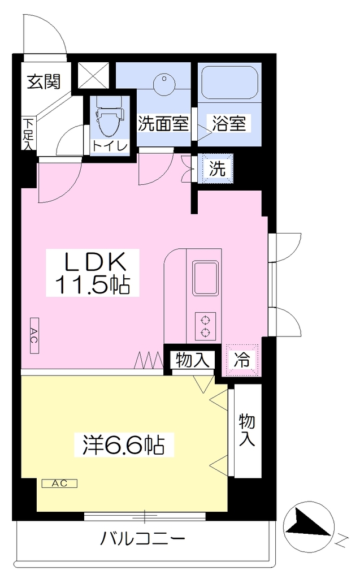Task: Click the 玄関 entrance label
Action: pyautogui.click(x=44, y=82)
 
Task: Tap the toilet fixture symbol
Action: pyautogui.click(x=109, y=117)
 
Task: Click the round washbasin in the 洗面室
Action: pyautogui.click(x=164, y=84)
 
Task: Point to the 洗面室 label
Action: pyautogui.click(x=163, y=124)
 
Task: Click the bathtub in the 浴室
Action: pyautogui.click(x=229, y=83)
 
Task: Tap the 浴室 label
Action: pyautogui.click(x=229, y=123)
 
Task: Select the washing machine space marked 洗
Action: pyautogui.click(x=218, y=168)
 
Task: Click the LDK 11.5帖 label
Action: pyautogui.click(x=92, y=273)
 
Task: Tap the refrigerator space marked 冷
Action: pyautogui.click(x=242, y=360)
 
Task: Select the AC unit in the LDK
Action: pyautogui.click(x=34, y=335)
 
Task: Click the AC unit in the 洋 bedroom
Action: pyautogui.click(x=59, y=483)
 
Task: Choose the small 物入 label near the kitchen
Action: pyautogui.click(x=192, y=360)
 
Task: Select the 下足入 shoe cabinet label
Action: pyautogui.click(x=28, y=133)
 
